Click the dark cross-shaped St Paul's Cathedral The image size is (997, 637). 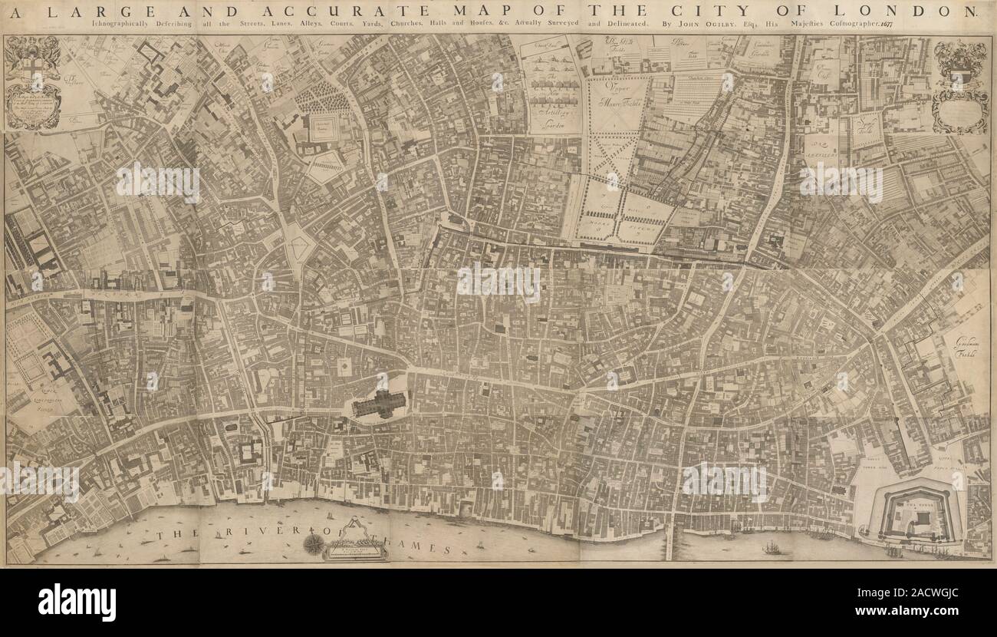[379, 403]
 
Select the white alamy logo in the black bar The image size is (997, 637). [77, 602]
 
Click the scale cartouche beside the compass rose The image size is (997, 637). [355, 542]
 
